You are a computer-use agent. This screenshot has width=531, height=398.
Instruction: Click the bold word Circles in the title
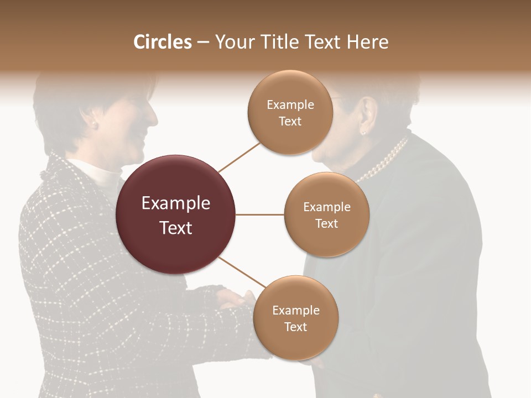coord(163,42)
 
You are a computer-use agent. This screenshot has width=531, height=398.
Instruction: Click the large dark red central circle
coord(176,214)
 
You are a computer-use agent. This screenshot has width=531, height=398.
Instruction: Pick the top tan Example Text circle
coord(290,112)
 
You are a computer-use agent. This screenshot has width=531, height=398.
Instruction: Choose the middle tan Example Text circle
coord(327,214)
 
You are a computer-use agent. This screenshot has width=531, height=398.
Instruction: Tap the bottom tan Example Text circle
coord(296,318)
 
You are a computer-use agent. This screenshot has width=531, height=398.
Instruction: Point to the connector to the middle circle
coord(260,214)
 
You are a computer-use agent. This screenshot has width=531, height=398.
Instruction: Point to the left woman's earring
coord(93,125)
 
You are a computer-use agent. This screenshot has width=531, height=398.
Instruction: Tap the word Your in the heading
coord(232,42)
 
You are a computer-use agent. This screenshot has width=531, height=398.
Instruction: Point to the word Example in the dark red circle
coord(176,203)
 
